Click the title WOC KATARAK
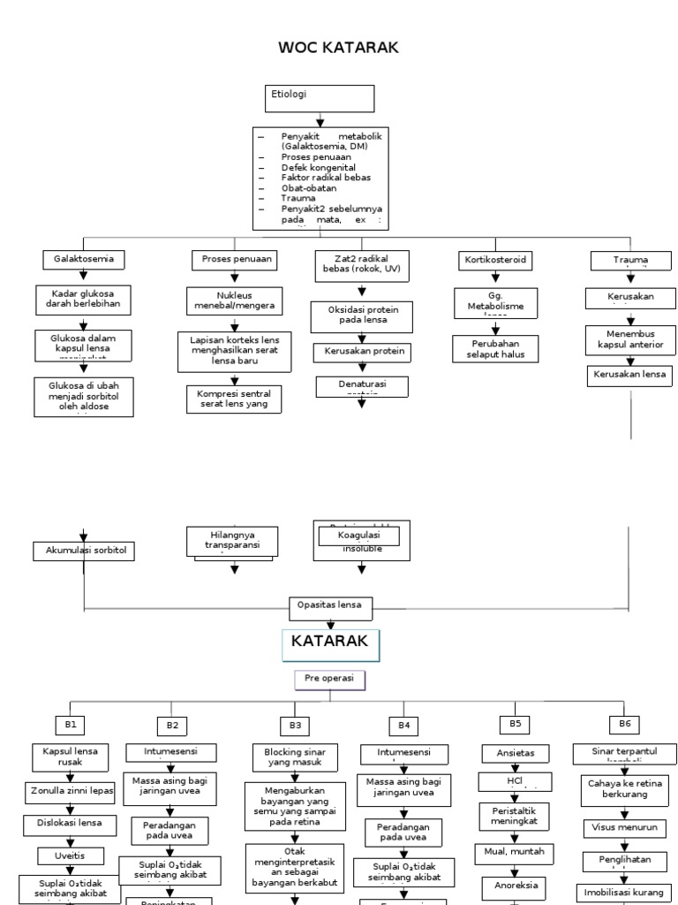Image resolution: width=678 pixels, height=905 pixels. click(339, 48)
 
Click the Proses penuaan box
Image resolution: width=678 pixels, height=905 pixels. click(234, 259)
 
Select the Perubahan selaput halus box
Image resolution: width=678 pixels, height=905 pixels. click(494, 348)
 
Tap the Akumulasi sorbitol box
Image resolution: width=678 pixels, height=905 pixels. click(86, 551)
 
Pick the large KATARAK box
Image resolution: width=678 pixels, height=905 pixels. click(330, 644)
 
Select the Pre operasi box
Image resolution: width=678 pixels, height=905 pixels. click(329, 680)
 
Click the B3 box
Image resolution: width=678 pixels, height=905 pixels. click(295, 725)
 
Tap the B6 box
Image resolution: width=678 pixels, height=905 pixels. click(625, 724)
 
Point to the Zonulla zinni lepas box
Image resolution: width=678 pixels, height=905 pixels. click(70, 792)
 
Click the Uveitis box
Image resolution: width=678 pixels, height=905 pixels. click(70, 855)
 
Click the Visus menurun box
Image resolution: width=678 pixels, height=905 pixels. click(624, 828)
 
